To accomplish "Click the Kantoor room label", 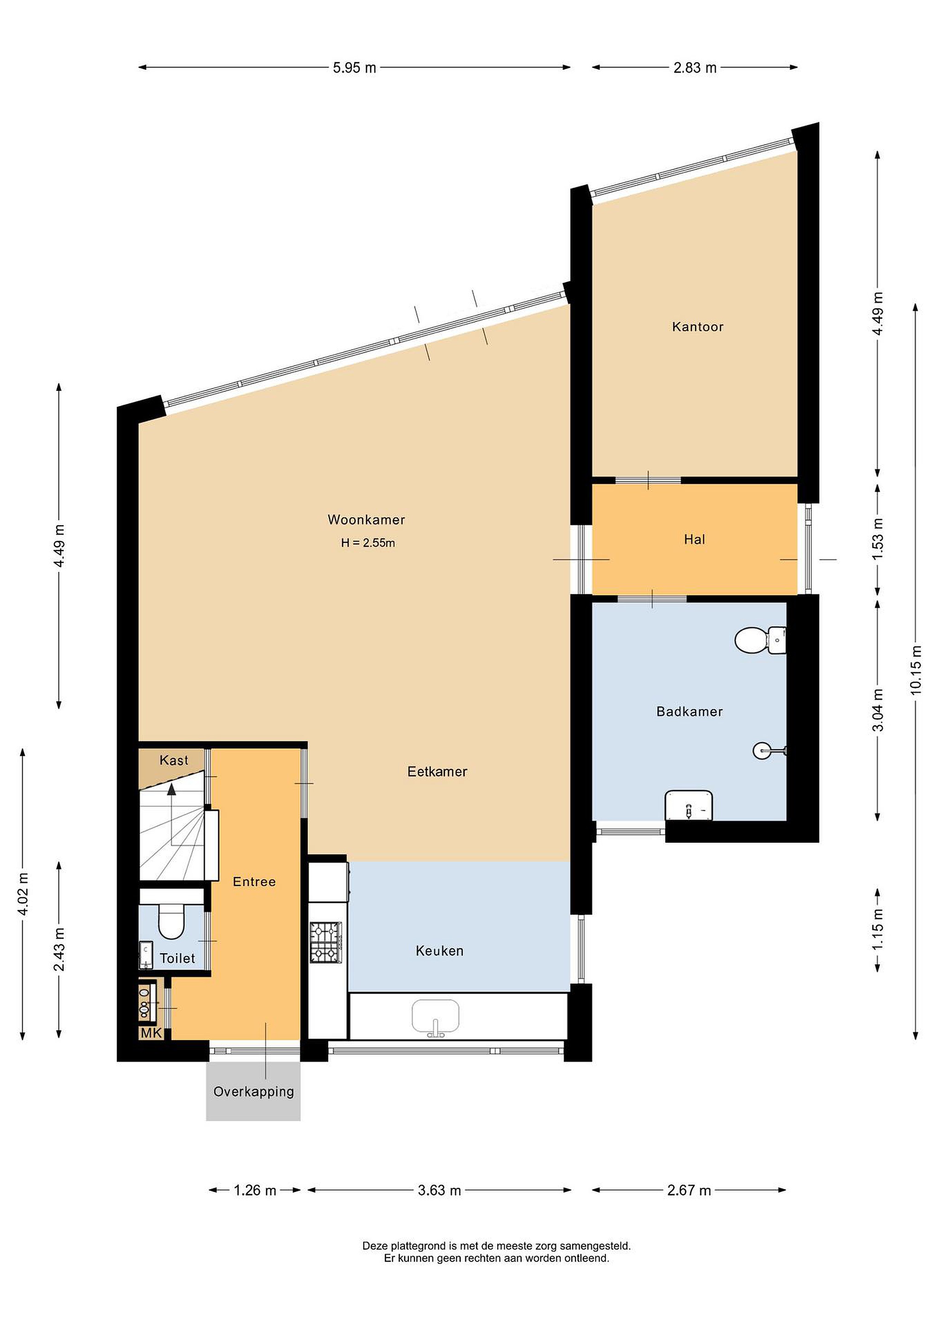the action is pyautogui.click(x=697, y=327).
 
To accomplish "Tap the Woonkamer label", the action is pyautogui.click(x=366, y=520).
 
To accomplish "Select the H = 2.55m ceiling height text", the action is pyautogui.click(x=368, y=543).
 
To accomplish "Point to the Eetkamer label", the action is pyautogui.click(x=437, y=772).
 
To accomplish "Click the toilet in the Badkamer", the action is pyautogui.click(x=760, y=640).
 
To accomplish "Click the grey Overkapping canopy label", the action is pyautogui.click(x=254, y=1092).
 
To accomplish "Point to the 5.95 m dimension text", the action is pyautogui.click(x=354, y=68).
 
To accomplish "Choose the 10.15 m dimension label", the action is pyautogui.click(x=915, y=670).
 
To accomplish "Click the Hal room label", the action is pyautogui.click(x=694, y=540).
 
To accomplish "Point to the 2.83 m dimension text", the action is pyautogui.click(x=695, y=68).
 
